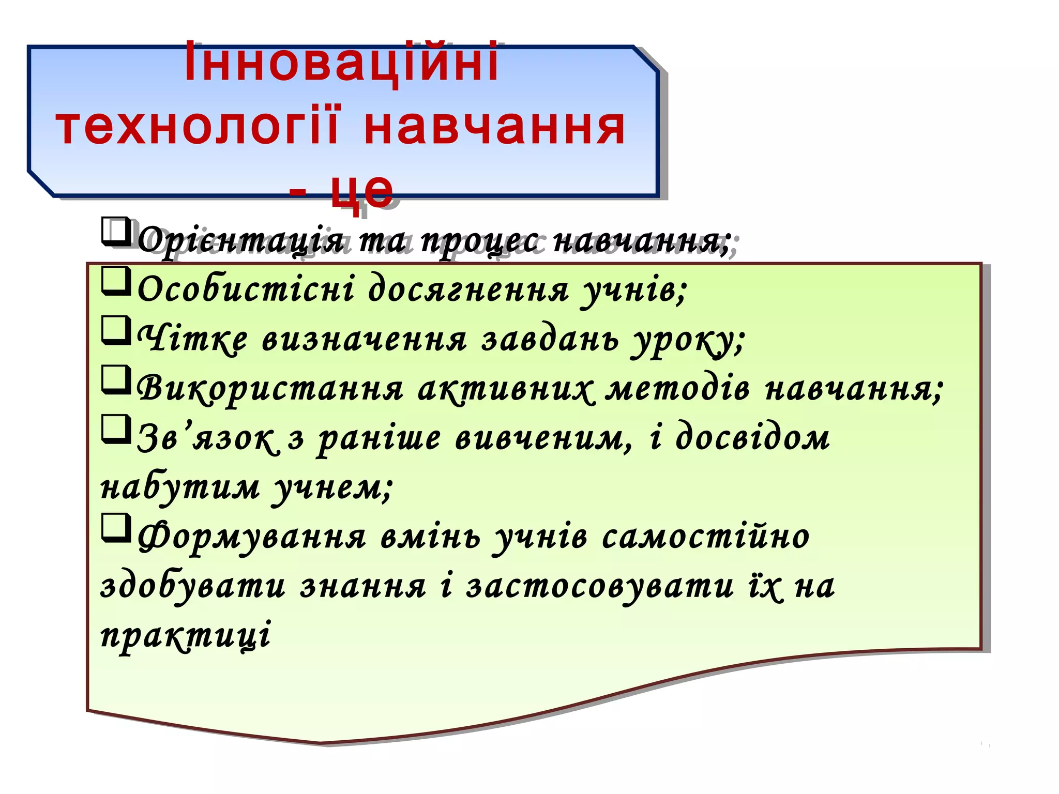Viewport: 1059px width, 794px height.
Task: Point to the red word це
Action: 362,189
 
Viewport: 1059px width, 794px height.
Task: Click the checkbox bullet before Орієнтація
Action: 115,232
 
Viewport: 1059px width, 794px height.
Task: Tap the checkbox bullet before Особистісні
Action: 115,281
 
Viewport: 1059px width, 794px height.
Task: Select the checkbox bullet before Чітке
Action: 115,330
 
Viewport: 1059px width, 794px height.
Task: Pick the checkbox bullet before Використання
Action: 115,380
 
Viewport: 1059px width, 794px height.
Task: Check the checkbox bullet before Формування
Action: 115,528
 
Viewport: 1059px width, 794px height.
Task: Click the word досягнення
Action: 468,289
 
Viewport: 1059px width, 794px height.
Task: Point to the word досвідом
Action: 752,437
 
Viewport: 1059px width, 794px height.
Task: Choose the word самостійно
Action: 706,537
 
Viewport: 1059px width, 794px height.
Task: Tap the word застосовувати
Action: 600,586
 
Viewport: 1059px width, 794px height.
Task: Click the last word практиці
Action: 185,635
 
